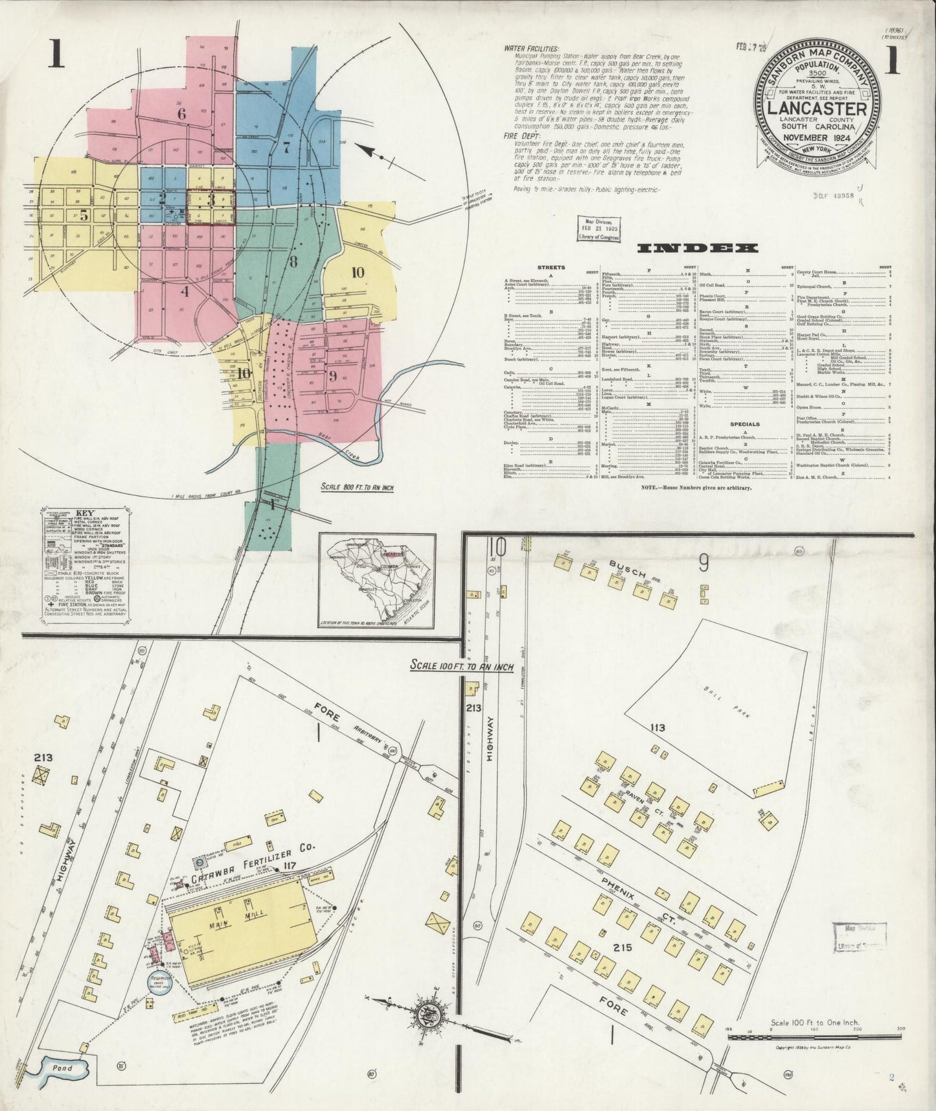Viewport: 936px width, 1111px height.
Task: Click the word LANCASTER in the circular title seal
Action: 817,108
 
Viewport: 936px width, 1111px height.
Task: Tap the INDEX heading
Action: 697,248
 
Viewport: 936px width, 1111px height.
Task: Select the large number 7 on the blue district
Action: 286,145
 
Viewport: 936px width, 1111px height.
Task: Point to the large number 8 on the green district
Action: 293,262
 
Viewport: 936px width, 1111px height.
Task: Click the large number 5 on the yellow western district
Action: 84,216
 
